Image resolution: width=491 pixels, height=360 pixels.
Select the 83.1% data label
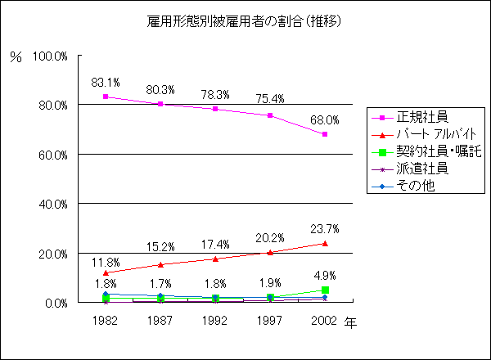point(106,83)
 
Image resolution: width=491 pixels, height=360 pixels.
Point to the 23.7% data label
point(325,228)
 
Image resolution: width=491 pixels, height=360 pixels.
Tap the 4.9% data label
point(325,276)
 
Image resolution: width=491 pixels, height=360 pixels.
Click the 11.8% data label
point(106,262)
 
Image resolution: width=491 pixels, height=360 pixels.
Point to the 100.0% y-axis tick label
point(50,56)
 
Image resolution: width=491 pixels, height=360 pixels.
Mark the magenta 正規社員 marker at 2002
point(325,134)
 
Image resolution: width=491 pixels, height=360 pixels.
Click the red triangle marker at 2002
point(325,243)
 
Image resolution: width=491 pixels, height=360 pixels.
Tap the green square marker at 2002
point(325,290)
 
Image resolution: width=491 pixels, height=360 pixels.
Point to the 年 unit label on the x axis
point(350,322)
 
